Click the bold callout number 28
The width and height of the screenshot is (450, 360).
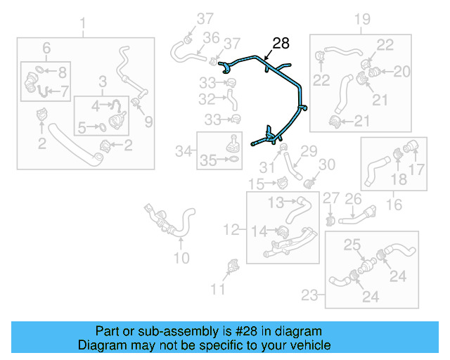[x=280, y=44]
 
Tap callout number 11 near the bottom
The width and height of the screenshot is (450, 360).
[x=219, y=288]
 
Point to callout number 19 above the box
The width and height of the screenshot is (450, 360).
[x=361, y=19]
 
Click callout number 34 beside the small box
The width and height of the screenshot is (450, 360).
[x=184, y=150]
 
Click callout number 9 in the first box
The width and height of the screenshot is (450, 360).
[x=148, y=122]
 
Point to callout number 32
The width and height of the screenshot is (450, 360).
[x=207, y=99]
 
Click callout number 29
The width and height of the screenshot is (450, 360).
[x=310, y=150]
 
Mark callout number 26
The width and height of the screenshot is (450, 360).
[x=353, y=200]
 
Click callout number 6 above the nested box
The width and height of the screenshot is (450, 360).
[x=46, y=47]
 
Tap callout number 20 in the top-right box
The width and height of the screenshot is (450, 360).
[x=401, y=70]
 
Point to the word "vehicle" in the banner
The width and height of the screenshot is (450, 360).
[x=311, y=345]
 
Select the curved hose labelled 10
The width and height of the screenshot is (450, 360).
[x=187, y=224]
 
